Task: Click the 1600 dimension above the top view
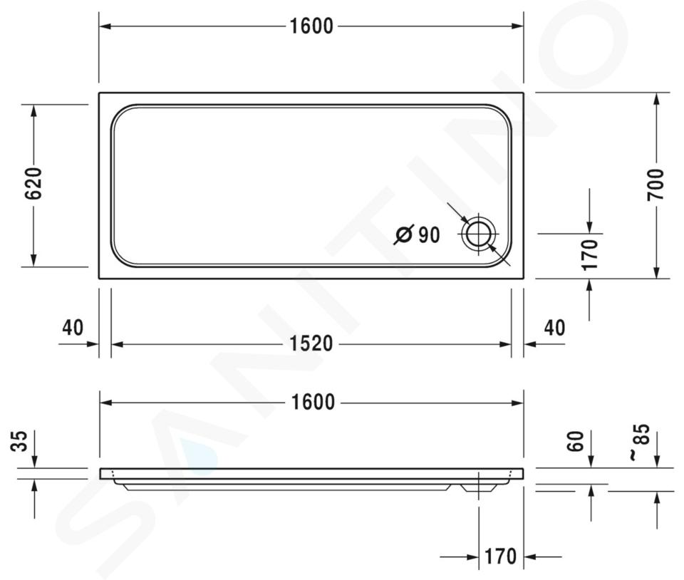311,26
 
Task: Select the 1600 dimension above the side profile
313,402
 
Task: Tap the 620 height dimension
33,183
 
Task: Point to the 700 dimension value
655,185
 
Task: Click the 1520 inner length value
311,343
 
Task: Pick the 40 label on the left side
73,328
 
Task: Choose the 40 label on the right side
554,328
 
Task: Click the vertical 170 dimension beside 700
590,254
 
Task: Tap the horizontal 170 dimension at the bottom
501,556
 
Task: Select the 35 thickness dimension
19,441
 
